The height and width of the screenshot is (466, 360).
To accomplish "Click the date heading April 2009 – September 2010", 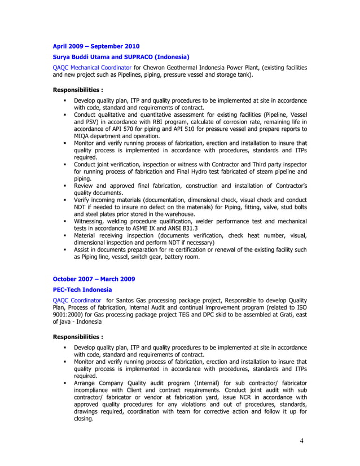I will click(x=96, y=46).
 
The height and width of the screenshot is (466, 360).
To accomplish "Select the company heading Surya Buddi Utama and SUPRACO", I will click(x=121, y=57).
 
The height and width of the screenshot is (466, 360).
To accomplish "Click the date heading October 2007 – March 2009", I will click(x=94, y=279).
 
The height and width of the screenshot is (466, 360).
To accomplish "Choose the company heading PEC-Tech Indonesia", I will click(x=82, y=289).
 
